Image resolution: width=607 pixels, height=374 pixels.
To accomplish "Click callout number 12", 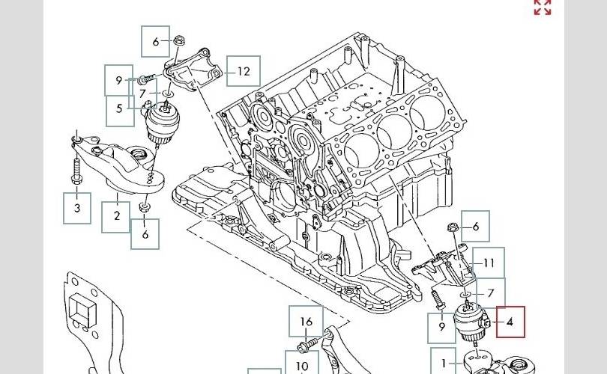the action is (243, 71).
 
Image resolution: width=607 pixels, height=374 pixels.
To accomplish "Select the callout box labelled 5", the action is (120, 111).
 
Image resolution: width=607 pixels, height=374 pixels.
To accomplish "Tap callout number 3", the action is (77, 208).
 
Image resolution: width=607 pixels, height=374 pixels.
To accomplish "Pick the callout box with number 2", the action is (115, 217).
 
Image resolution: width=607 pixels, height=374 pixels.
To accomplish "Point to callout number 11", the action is (489, 263).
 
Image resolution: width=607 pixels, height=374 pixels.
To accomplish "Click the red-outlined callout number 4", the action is (510, 322).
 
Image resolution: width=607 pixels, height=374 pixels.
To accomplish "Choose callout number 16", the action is (306, 321).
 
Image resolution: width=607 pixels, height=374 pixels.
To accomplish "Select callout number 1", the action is (444, 363).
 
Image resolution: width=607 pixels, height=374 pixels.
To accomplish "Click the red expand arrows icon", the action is (543, 7).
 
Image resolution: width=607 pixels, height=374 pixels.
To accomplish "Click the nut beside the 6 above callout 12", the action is (178, 40).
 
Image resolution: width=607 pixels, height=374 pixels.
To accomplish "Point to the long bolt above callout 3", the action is (76, 169).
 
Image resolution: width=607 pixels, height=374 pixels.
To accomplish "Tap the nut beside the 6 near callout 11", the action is (453, 227).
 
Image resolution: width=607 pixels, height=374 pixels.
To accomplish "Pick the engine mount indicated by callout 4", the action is (471, 322).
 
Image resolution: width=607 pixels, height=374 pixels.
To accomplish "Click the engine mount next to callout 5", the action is (161, 120).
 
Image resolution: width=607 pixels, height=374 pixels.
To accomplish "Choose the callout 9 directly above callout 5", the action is (119, 80).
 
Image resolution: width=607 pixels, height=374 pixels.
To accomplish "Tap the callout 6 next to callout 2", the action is (145, 234).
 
